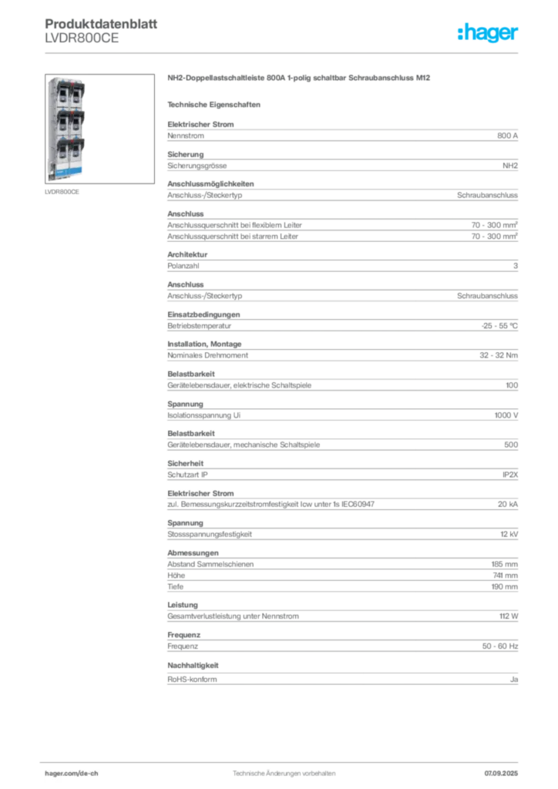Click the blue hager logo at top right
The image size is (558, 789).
click(489, 33)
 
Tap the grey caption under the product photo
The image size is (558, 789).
click(62, 192)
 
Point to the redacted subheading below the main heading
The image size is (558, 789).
click(216, 104)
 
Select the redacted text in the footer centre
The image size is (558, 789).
click(285, 770)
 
